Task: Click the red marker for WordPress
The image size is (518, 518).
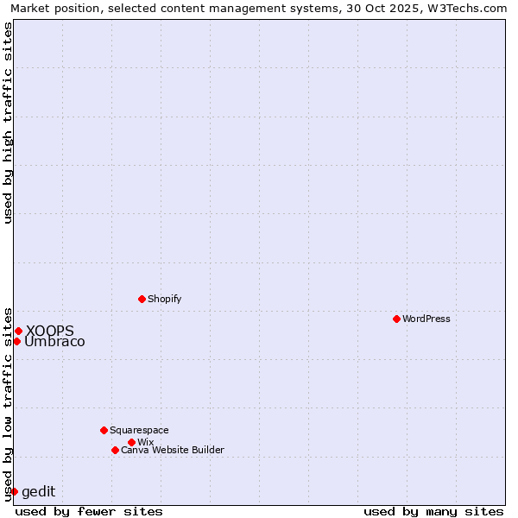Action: (396, 319)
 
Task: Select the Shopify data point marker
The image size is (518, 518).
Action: (142, 299)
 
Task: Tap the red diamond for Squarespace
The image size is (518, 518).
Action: (104, 430)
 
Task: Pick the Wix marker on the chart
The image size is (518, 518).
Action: (131, 442)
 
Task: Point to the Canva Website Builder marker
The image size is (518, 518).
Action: (115, 450)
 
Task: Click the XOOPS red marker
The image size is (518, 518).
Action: (18, 331)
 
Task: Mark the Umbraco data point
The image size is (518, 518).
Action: (16, 341)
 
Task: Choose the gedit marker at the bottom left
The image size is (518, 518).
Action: (14, 491)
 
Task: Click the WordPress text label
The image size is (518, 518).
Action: (426, 319)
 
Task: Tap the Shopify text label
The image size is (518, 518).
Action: (165, 299)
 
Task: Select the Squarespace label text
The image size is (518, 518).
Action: (139, 430)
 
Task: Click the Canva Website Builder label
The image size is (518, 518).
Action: (173, 450)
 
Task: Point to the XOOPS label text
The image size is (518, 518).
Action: (49, 331)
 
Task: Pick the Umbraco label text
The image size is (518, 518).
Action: (54, 342)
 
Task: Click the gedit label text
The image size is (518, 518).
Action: (38, 492)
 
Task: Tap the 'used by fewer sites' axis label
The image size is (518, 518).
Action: (89, 511)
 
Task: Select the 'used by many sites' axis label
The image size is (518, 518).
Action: (433, 511)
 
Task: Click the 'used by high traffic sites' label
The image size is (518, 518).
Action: (8, 123)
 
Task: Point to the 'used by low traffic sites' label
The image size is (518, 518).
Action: (8, 403)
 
